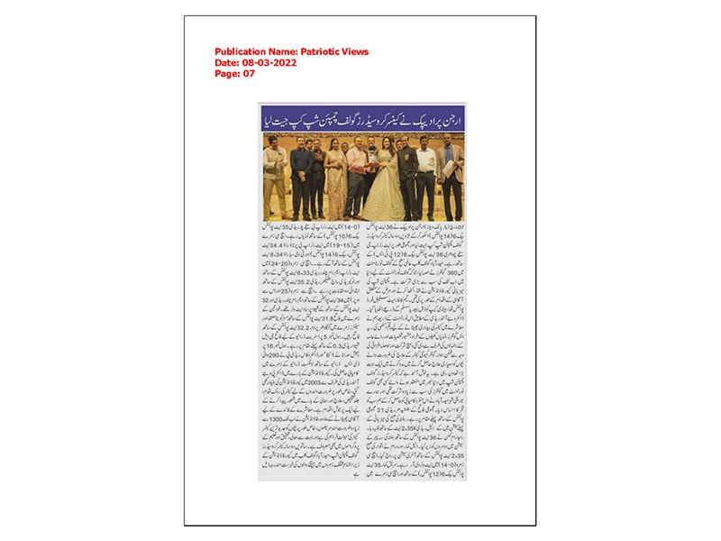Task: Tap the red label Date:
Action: click(226, 63)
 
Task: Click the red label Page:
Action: click(227, 74)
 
